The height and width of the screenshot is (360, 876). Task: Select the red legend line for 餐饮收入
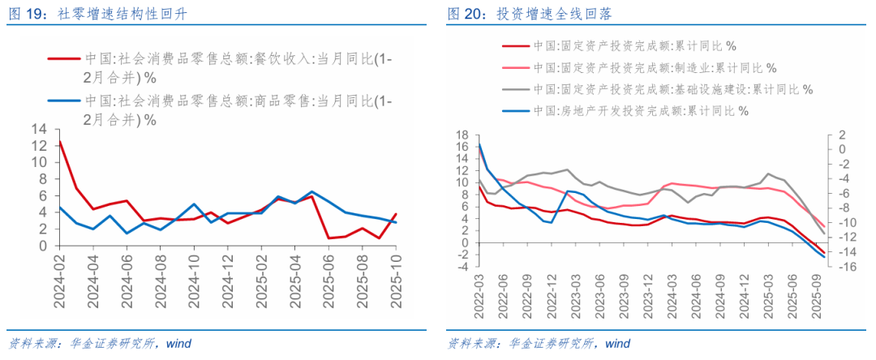(x=63, y=58)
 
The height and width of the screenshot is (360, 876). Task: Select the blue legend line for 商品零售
(x=63, y=101)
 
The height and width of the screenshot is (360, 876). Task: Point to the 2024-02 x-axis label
(x=59, y=280)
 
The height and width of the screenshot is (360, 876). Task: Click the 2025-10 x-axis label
(x=396, y=280)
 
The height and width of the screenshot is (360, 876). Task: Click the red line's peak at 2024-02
(x=59, y=142)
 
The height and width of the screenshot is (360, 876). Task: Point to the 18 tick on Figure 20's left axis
(x=463, y=135)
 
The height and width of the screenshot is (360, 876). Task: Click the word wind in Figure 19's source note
(x=178, y=343)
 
